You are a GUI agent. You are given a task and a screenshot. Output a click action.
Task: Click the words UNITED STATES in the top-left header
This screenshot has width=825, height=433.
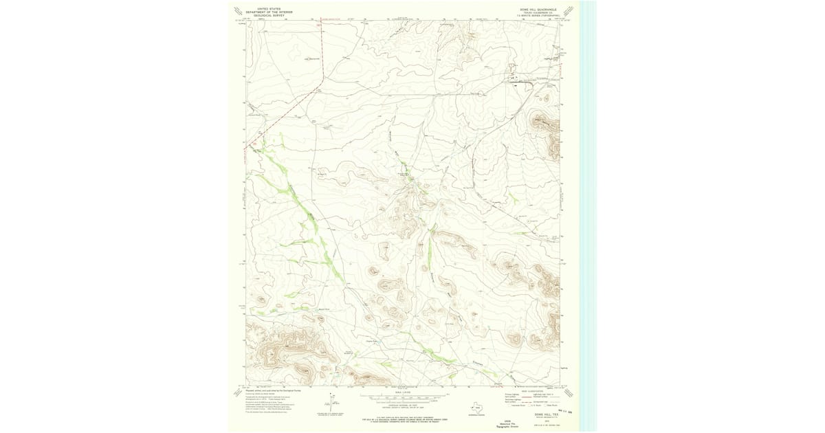(269, 8)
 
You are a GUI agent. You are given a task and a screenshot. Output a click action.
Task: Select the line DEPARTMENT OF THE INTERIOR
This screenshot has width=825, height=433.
(269, 12)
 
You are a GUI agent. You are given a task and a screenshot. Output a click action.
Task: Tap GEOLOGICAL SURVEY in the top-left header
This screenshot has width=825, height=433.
(269, 15)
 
